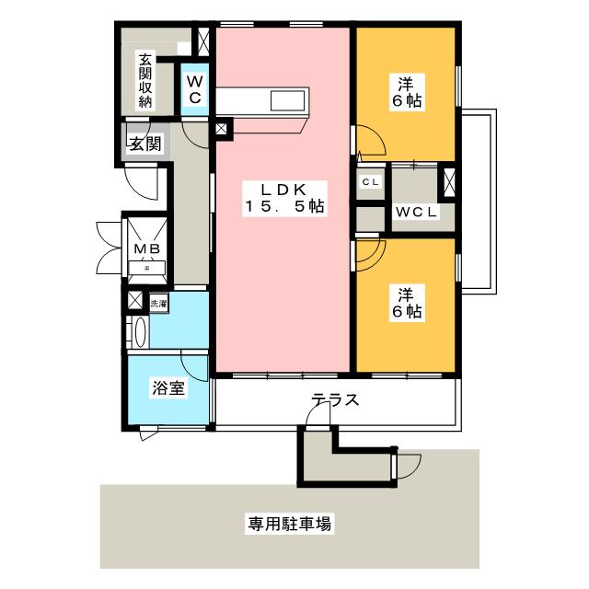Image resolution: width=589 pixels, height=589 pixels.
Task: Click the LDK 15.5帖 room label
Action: click(283, 199)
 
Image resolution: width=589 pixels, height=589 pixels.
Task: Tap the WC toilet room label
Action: click(195, 89)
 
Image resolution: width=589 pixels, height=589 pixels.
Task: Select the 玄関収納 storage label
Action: click(144, 81)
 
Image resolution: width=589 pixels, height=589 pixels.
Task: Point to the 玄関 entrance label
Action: click(144, 144)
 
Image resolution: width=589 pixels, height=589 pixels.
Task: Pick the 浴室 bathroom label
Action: click(168, 388)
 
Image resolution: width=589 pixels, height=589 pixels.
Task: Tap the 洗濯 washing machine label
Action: click(158, 302)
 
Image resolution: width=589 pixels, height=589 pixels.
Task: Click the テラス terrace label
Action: click(334, 400)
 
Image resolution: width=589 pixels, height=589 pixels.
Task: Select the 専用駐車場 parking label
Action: click(289, 525)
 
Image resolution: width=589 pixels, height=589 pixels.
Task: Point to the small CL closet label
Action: click(371, 182)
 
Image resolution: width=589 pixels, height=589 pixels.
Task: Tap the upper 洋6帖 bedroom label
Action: click(406, 90)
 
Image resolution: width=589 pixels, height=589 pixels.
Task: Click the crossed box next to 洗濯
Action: click(135, 301)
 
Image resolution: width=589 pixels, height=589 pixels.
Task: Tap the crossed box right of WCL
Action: click(449, 181)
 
